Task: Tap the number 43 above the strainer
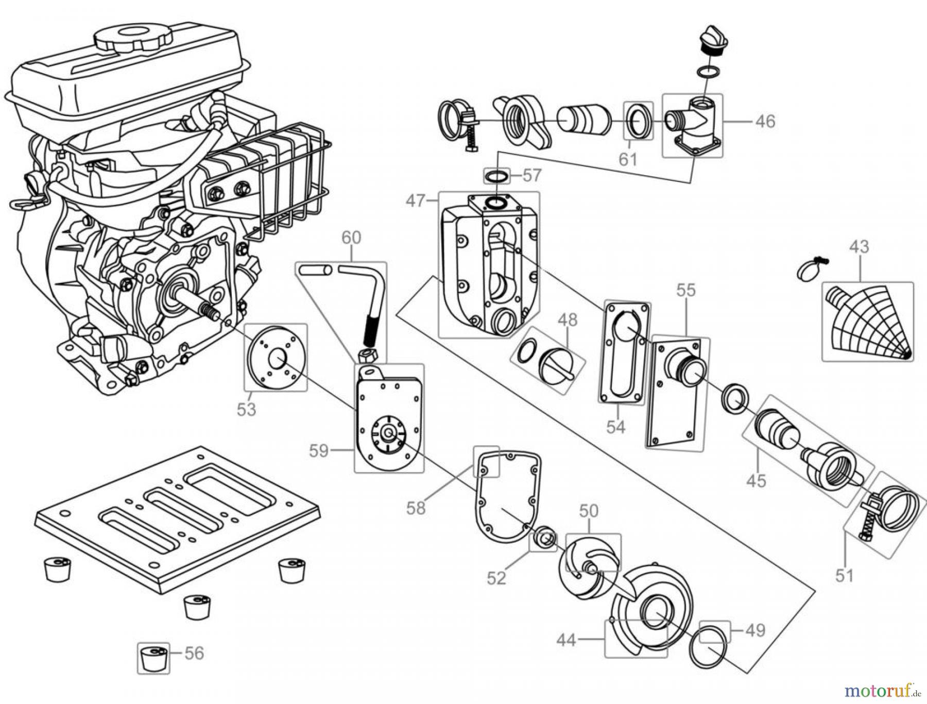[859, 246]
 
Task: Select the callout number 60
[351, 238]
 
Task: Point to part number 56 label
[194, 653]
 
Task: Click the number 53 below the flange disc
[247, 409]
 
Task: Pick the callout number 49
[755, 630]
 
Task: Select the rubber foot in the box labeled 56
[154, 658]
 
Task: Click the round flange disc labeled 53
[276, 357]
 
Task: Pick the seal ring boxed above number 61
[639, 121]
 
